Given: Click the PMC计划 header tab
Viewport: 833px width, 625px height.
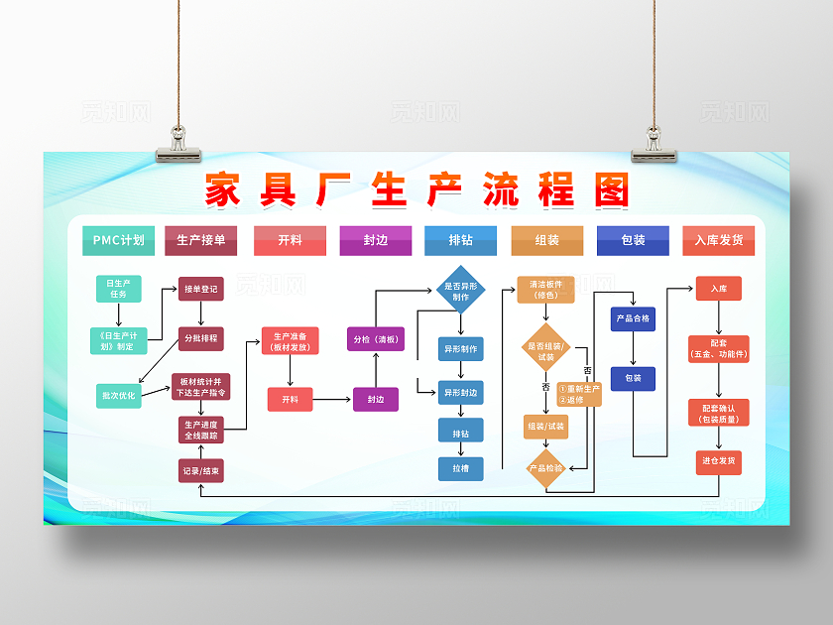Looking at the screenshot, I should click(x=118, y=240).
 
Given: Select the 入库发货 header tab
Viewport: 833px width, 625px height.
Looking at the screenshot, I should click(x=718, y=240).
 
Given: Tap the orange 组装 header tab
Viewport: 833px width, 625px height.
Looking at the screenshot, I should click(x=546, y=240).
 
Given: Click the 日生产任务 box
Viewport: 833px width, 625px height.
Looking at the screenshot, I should click(x=118, y=289).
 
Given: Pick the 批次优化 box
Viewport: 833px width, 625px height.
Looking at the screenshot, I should click(x=118, y=395).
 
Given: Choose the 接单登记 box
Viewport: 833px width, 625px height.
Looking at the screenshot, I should click(x=200, y=289).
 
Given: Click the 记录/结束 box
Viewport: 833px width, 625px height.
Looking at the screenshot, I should click(x=200, y=470).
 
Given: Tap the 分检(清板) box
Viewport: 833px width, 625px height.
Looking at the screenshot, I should click(x=376, y=339).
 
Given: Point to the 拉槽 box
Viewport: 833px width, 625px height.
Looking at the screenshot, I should click(x=461, y=467).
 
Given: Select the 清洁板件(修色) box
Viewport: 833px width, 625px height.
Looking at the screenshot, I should click(x=545, y=289).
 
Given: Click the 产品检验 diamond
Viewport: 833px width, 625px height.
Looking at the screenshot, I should click(x=545, y=467).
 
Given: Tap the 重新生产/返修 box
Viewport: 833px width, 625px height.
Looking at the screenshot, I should click(x=579, y=394).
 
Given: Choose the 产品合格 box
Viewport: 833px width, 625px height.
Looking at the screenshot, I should click(x=633, y=318).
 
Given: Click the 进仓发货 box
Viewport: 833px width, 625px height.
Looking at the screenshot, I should click(x=719, y=461).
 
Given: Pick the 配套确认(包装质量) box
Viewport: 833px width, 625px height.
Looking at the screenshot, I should click(x=719, y=413).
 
